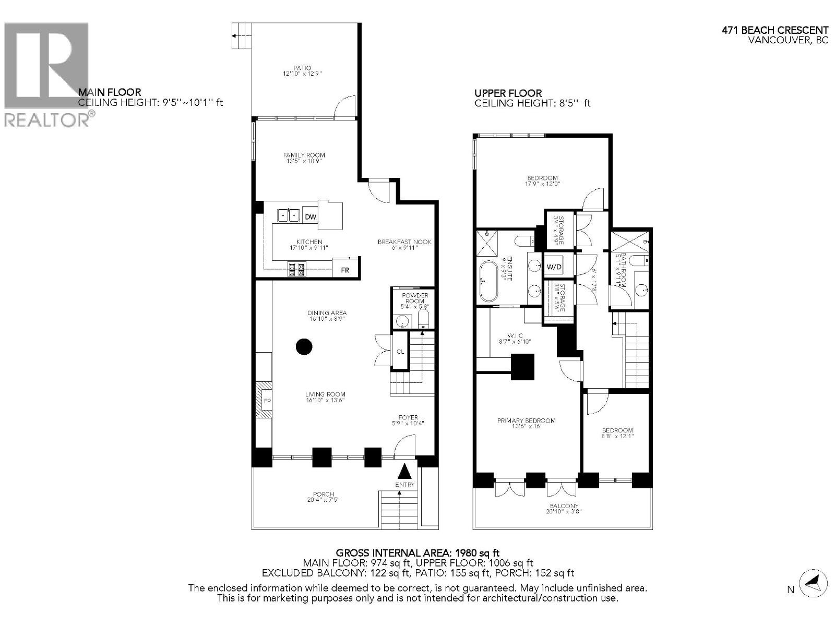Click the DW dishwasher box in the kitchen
coord(311,216)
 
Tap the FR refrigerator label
coord(345,270)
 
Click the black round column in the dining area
coord(304,346)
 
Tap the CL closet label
coord(400,352)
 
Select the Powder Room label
coord(414,298)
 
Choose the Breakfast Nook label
coord(404,242)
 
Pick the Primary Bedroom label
coord(526,420)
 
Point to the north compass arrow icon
coord(813,582)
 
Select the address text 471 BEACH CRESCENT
coord(775,31)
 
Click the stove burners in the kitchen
coord(296,269)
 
